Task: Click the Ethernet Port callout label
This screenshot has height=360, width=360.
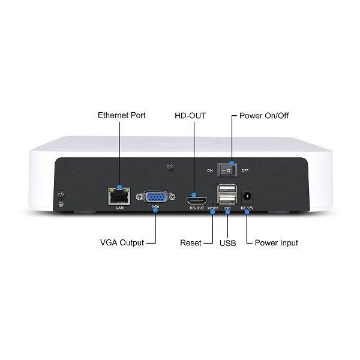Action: coord(121,115)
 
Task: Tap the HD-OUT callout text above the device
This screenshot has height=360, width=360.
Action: coord(190,116)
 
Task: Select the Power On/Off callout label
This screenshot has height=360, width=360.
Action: coord(264,116)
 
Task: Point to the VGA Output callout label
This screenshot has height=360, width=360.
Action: coord(122,242)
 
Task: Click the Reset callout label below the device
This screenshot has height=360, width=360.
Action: coord(191,242)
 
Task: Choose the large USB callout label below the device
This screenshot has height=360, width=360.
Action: coord(227,243)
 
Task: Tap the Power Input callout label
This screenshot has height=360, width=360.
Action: coord(277,243)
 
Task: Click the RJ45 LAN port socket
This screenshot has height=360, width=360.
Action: coord(119,196)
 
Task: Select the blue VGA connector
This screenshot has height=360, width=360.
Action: coord(156,197)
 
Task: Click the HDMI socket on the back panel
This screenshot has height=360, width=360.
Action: coord(196,201)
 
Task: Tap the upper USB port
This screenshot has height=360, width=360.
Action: coord(227,190)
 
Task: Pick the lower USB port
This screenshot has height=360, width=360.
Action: coord(227,200)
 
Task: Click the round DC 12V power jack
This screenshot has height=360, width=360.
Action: coord(247,197)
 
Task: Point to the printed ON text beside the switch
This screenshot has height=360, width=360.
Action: coord(210,170)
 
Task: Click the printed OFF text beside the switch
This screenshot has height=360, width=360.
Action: coord(245,170)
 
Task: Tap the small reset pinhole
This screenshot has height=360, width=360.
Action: coord(212,203)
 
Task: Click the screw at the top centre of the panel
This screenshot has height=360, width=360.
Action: coord(170,166)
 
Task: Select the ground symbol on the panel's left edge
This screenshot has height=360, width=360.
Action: coord(61,204)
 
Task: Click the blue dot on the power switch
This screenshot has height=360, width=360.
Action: coord(232,163)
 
